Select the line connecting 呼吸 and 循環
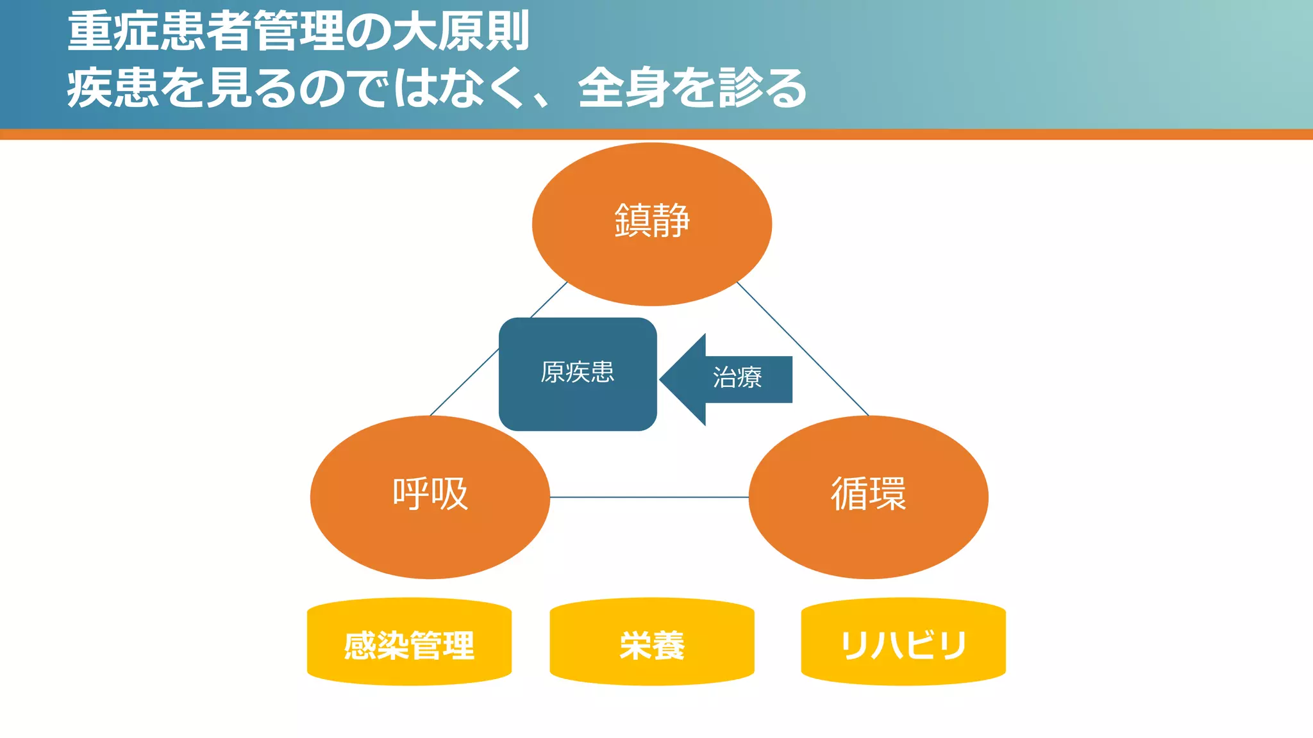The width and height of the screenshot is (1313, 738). tap(649, 496)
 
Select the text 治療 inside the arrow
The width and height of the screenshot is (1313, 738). tap(737, 377)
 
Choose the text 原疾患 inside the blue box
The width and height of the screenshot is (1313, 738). tap(577, 372)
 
